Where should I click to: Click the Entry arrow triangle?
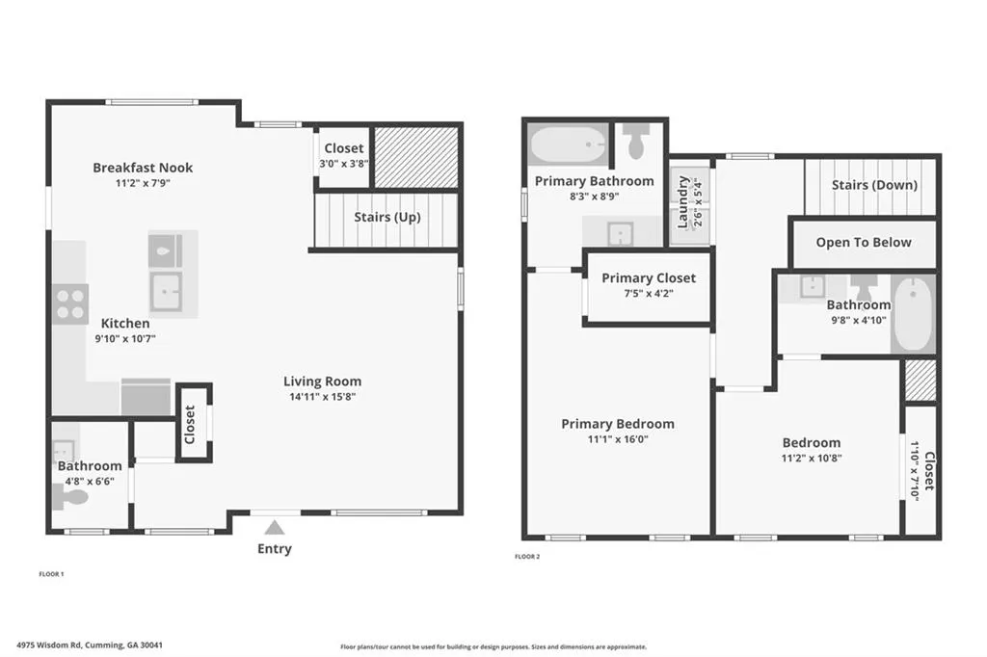click(275, 527)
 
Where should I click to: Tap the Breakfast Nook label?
click(143, 168)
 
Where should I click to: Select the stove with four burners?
click(69, 304)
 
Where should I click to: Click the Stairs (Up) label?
click(387, 217)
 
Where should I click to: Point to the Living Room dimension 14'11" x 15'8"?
click(322, 397)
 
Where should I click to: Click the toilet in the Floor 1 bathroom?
click(70, 498)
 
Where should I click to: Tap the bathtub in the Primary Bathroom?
click(569, 145)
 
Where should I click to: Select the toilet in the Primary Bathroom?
click(636, 141)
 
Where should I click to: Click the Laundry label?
click(683, 202)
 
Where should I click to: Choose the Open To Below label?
click(864, 243)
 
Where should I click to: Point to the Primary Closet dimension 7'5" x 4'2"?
click(649, 293)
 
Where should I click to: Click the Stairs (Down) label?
click(874, 185)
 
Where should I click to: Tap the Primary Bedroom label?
click(618, 424)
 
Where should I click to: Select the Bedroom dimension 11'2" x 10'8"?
click(812, 459)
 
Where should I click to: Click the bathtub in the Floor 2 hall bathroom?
click(913, 313)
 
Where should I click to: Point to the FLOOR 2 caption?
click(527, 556)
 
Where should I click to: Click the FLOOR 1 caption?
click(52, 574)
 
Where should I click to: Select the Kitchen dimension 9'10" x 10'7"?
click(125, 338)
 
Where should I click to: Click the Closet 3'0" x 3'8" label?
click(344, 155)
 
